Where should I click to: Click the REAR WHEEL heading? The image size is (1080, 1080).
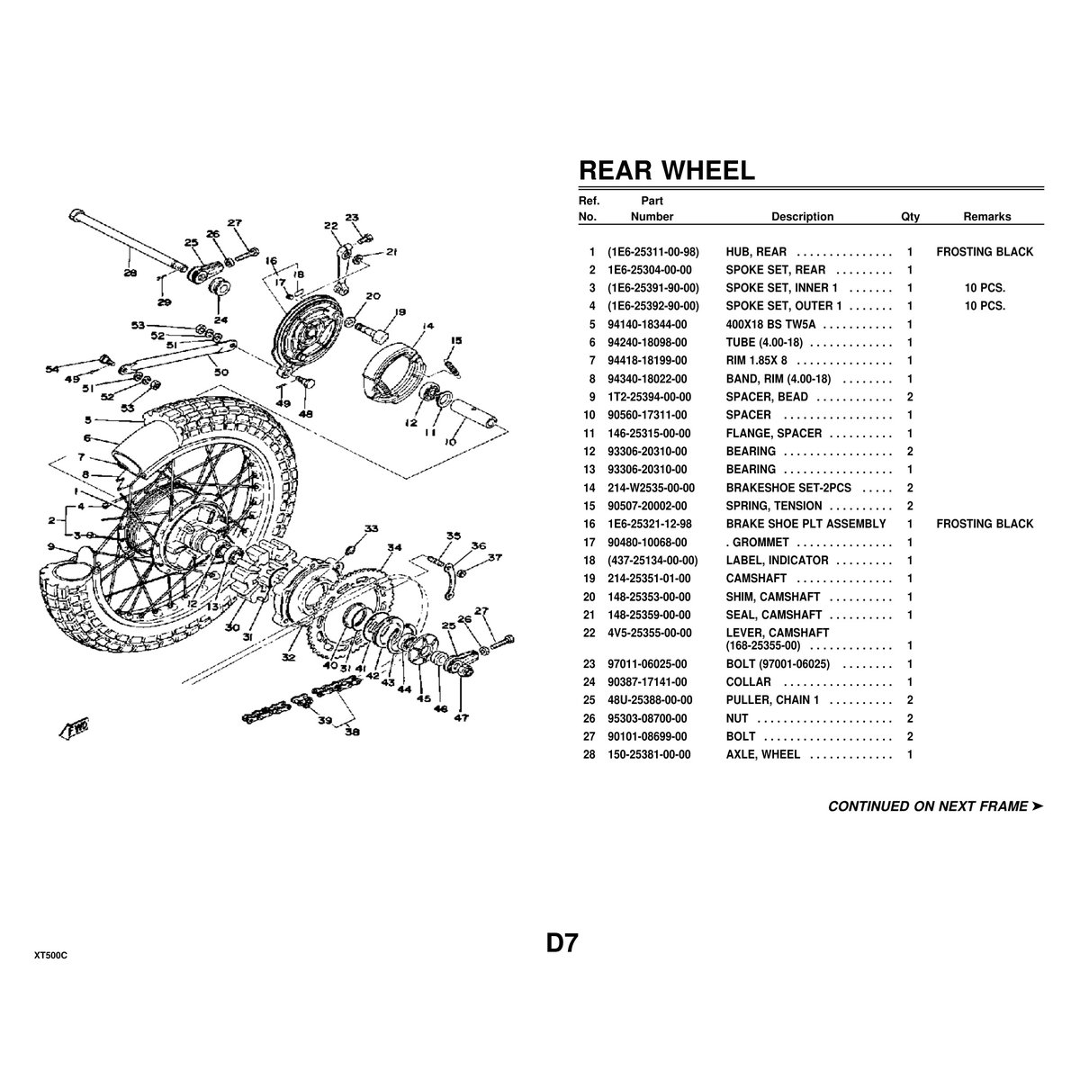(666, 171)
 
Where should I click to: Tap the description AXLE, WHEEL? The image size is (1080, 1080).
(762, 754)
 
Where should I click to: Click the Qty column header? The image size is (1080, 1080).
(910, 217)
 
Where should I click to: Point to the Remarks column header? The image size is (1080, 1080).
(986, 217)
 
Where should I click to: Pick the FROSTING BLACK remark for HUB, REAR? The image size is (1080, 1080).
(985, 252)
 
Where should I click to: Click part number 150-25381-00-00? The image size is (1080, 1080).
(649, 754)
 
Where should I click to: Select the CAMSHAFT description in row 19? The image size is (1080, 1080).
(756, 578)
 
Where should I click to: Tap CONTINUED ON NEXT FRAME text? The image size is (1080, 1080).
(934, 806)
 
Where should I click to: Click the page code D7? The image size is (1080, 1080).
(561, 943)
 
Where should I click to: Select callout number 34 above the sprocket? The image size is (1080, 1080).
(394, 547)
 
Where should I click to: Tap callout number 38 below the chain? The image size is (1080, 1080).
(351, 732)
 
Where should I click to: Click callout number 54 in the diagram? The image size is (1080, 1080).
(52, 369)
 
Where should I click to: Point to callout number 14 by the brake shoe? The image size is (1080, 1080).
(427, 327)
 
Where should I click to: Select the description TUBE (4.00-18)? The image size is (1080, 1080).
(765, 342)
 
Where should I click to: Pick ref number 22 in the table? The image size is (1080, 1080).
(591, 633)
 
